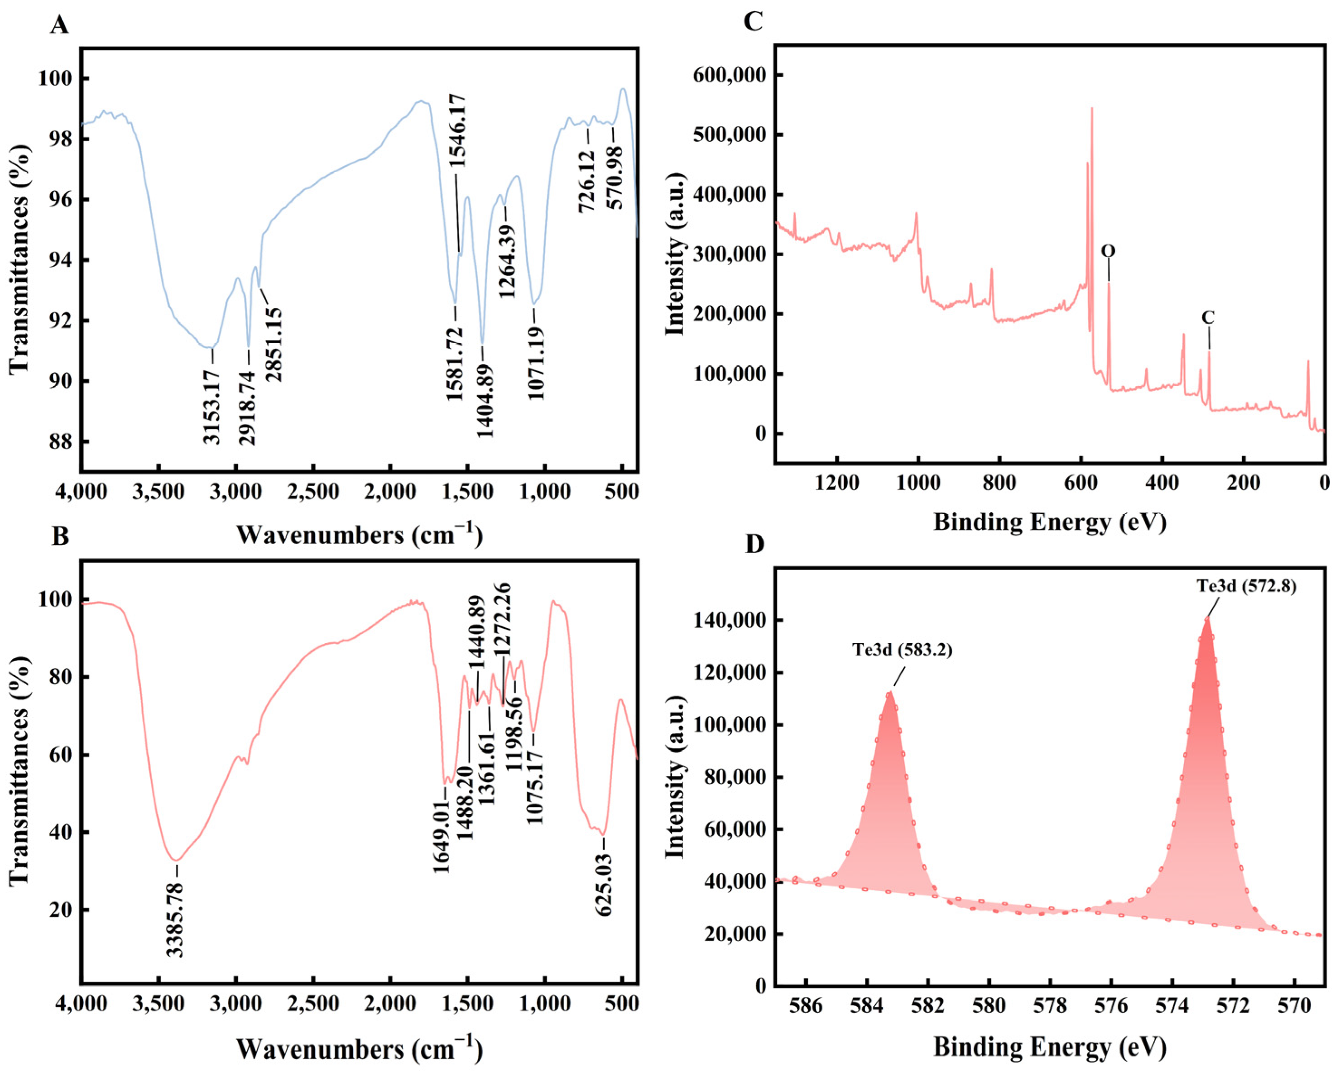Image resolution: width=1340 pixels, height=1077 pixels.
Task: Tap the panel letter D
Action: coord(754,545)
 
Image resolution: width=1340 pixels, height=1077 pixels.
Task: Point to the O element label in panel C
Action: coord(1108,251)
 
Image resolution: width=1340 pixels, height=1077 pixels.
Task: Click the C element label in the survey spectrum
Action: coord(1208,317)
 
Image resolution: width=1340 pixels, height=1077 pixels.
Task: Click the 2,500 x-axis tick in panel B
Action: coord(314,1006)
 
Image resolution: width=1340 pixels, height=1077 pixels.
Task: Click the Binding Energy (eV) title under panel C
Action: coord(1050,522)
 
